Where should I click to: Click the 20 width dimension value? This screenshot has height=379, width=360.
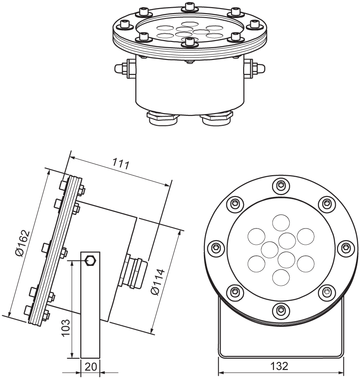(x=91, y=366)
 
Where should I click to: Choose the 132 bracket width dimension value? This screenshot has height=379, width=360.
(x=280, y=365)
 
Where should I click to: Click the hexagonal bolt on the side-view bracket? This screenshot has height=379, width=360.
(x=90, y=260)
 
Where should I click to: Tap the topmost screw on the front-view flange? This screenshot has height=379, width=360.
(x=281, y=185)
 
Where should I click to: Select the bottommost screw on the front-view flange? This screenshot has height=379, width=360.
(x=281, y=310)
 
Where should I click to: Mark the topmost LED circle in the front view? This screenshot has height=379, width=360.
(x=281, y=223)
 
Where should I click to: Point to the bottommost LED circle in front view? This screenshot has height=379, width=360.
(x=281, y=277)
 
